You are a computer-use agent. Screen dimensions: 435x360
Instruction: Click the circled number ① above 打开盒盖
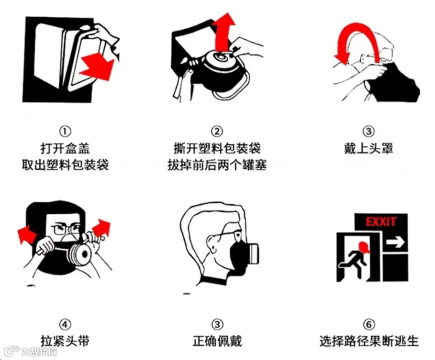(65, 131)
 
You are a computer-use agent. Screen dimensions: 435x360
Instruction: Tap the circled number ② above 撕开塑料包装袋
(217, 131)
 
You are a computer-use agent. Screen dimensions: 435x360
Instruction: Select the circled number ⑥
(368, 324)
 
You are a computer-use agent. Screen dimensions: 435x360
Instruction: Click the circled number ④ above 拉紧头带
(65, 324)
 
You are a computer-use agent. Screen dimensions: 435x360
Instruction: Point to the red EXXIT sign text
(381, 222)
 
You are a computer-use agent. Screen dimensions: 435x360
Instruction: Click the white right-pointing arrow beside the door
(396, 242)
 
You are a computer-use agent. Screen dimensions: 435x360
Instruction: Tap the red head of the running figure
(363, 248)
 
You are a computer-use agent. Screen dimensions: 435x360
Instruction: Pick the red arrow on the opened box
(97, 66)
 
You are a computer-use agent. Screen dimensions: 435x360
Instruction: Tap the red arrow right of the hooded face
(101, 228)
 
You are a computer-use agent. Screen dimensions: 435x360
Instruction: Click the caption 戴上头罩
(368, 149)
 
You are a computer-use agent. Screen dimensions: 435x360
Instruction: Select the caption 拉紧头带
(65, 341)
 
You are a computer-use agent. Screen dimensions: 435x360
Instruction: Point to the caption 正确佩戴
(217, 341)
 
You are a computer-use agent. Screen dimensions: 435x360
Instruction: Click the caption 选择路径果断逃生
(368, 341)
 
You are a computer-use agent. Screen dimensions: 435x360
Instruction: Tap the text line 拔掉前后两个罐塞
(217, 165)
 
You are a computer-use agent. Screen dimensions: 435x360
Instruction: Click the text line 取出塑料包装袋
(65, 165)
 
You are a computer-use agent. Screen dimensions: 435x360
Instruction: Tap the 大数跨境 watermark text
(39, 352)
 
